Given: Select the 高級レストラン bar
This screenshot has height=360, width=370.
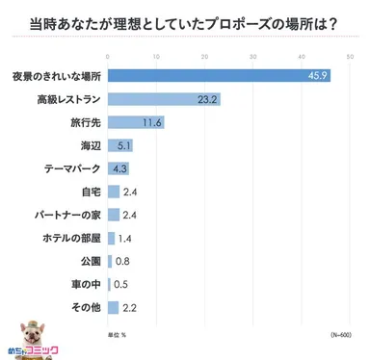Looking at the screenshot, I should [164, 99].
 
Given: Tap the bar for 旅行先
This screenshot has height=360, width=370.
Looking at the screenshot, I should [136, 122].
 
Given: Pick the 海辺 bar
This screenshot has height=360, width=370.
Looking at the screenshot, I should [119, 145].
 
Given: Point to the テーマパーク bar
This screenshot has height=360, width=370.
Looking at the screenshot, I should [118, 168].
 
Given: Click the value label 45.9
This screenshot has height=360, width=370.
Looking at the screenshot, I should [317, 76].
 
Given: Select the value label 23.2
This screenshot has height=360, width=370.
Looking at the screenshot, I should [207, 99].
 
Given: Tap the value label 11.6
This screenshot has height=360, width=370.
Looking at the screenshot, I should [151, 122].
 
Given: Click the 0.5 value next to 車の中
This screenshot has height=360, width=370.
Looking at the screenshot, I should [121, 284].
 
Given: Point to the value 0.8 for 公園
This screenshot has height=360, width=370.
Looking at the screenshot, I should [123, 261].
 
